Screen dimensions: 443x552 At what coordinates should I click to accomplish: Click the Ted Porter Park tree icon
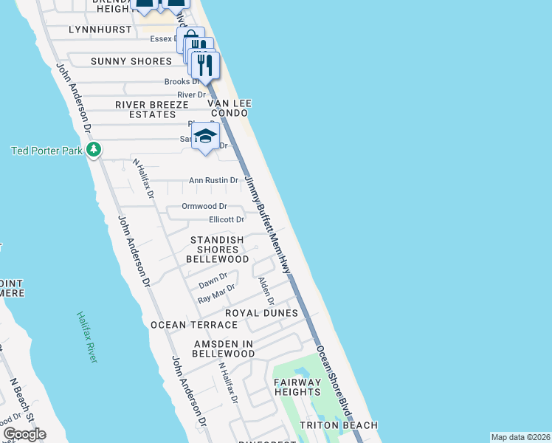tap(93, 151)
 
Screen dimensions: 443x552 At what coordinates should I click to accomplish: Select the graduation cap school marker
tap(206, 136)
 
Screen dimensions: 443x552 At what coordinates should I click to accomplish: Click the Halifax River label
tap(86, 337)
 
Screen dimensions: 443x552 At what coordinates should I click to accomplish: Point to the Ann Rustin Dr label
tap(213, 180)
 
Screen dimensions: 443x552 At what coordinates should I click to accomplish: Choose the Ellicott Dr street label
tap(226, 220)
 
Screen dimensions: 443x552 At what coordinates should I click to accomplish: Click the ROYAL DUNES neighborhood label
tap(261, 313)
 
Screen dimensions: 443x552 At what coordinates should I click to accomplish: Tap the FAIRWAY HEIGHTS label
tap(297, 387)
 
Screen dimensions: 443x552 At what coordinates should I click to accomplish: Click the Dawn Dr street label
tap(213, 281)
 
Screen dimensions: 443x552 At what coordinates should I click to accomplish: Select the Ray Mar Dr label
tap(216, 294)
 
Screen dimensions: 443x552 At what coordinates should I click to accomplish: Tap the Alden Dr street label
tap(266, 291)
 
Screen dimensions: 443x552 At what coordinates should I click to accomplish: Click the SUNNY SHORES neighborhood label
tap(131, 61)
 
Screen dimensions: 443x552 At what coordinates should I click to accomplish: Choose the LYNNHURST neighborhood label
tap(100, 30)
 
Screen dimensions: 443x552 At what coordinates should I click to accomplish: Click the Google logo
tap(24, 434)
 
